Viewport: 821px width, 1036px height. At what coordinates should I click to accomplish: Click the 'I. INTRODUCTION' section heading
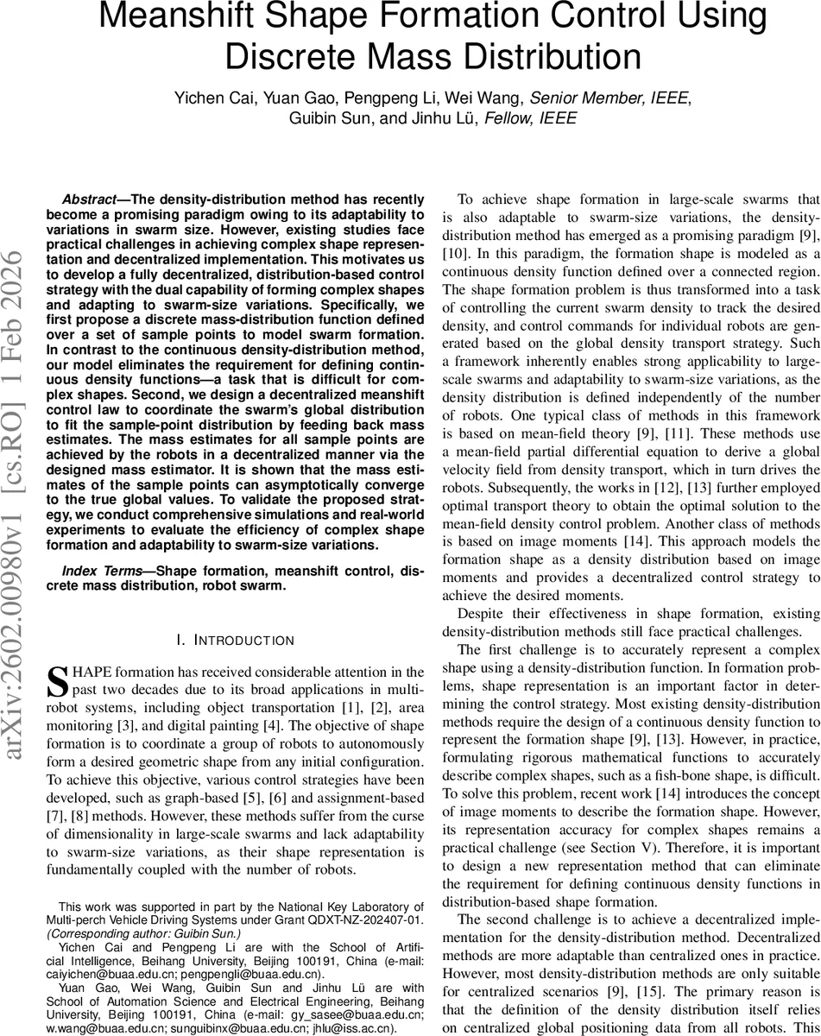(234, 640)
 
